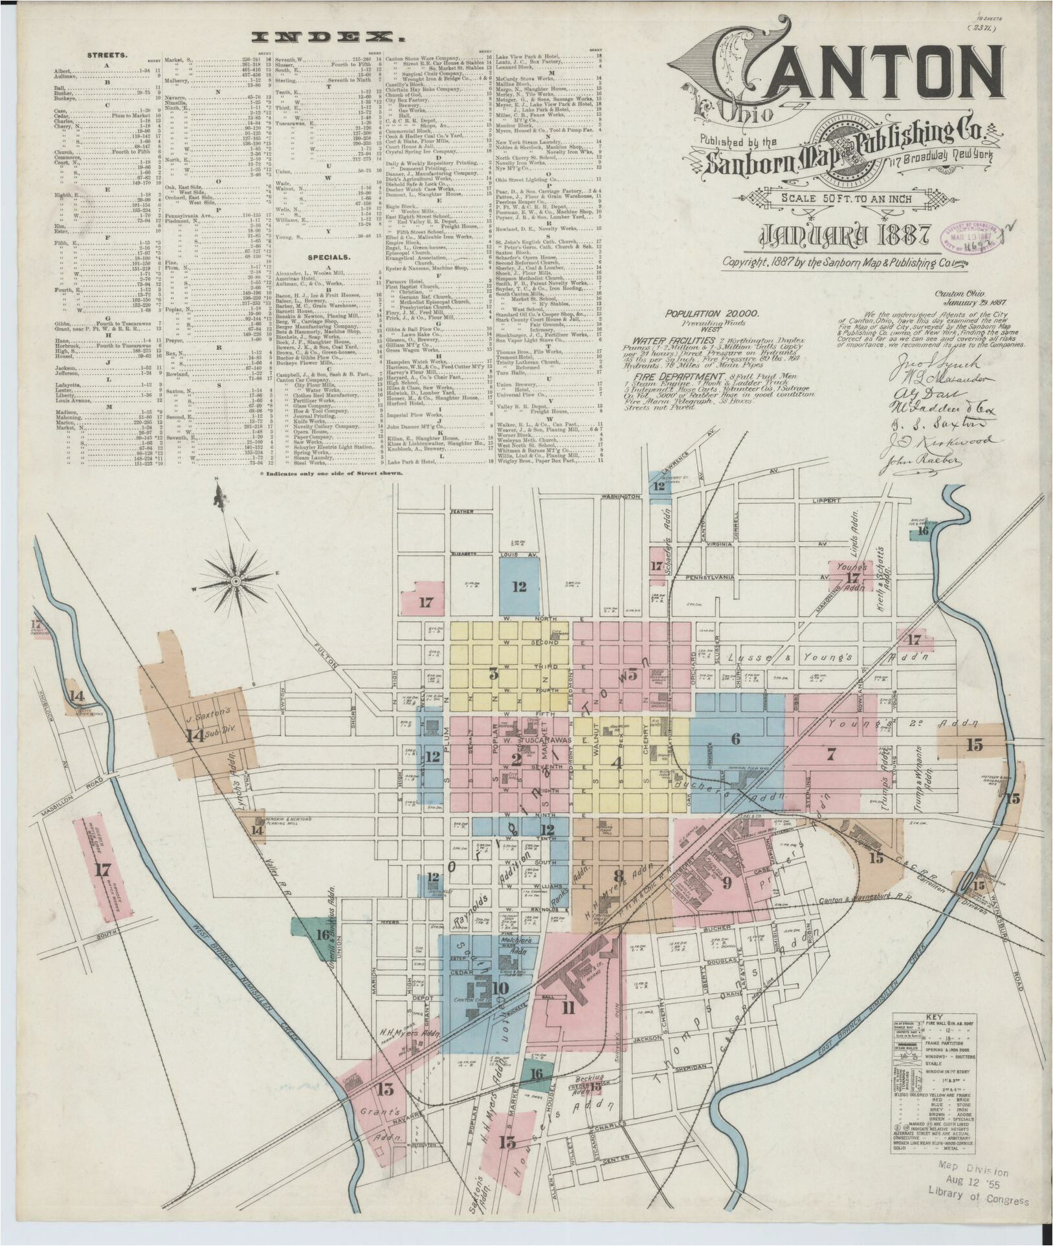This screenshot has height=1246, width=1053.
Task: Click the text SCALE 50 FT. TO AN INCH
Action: point(846,199)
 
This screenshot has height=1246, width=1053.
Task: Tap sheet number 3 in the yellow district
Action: point(494,673)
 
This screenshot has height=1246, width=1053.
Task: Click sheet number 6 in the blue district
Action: point(735,738)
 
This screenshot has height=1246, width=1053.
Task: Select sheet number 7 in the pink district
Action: point(832,753)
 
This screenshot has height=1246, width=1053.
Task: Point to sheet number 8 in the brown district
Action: point(619,876)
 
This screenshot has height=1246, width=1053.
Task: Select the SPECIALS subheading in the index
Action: point(329,257)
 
